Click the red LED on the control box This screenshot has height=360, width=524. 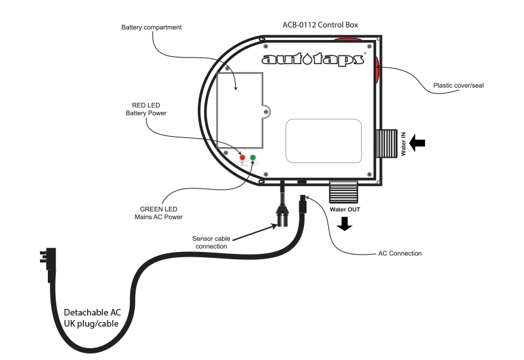point(242,158)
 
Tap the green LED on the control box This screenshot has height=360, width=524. point(253,158)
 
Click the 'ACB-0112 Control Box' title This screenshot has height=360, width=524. point(319,25)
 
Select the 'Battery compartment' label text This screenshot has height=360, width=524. point(151,27)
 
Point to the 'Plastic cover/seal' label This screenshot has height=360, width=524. point(458,85)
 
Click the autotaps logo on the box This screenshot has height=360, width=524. point(312,60)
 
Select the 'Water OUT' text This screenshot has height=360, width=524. point(345,209)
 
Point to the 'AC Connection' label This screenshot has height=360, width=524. point(400,253)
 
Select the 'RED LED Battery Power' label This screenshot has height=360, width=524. point(146,109)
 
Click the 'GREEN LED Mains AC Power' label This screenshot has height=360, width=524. point(161,213)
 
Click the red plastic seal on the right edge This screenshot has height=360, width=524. point(378,70)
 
